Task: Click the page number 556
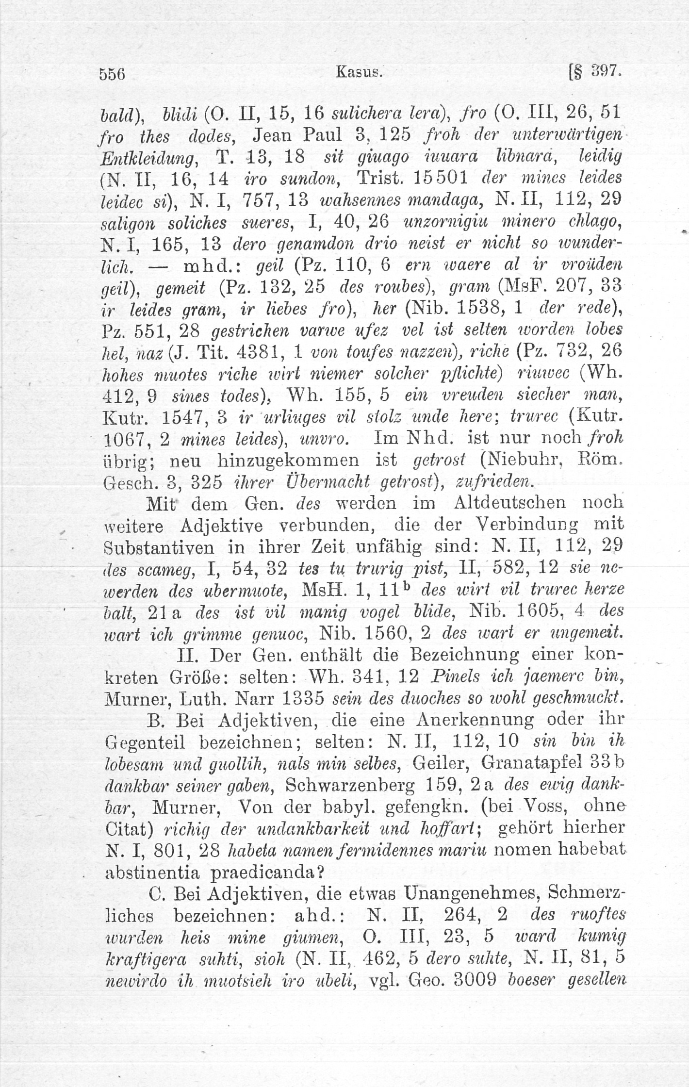[113, 75]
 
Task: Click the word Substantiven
[159, 547]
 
